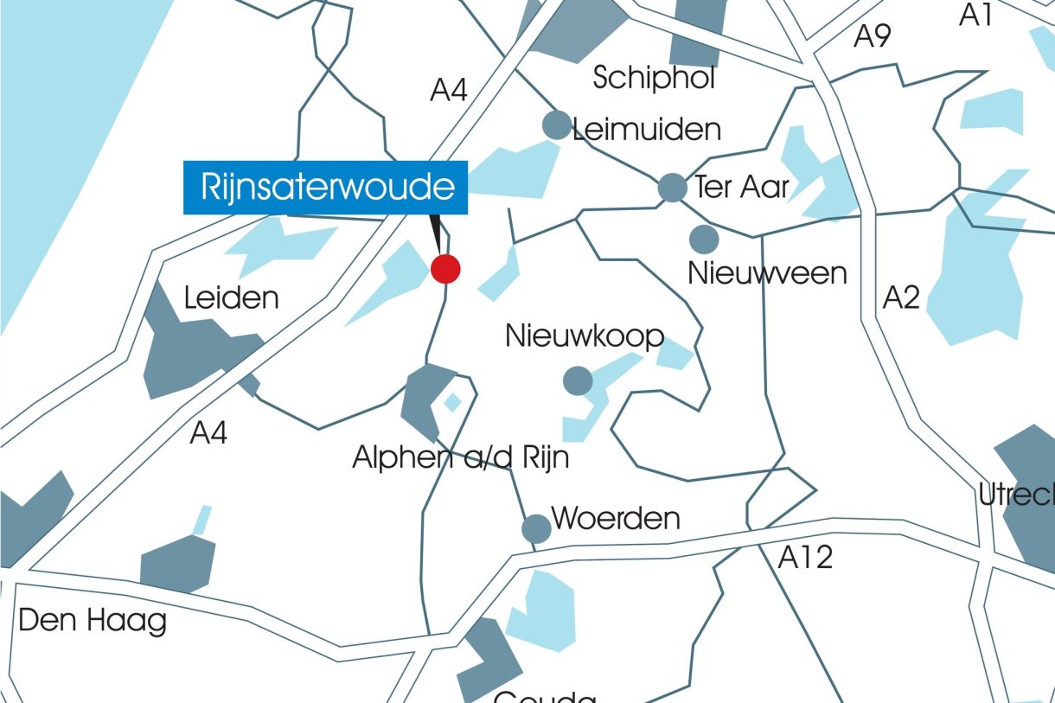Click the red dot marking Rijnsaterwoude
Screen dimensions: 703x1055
click(x=445, y=269)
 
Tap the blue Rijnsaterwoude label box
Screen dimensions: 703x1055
click(x=326, y=188)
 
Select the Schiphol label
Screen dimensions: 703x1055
click(x=655, y=78)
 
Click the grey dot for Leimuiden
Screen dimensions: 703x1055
click(x=557, y=125)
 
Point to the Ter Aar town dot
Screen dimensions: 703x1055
click(x=672, y=187)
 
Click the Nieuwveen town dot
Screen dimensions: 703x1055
click(x=704, y=239)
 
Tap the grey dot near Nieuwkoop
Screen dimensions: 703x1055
click(x=578, y=380)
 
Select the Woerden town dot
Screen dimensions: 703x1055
click(x=536, y=528)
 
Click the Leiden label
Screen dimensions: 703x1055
click(x=232, y=298)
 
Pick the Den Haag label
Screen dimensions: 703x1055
click(x=93, y=621)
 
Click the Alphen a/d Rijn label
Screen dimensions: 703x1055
click(x=461, y=457)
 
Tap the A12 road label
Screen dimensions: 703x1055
click(x=805, y=558)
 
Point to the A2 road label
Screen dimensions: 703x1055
click(x=901, y=298)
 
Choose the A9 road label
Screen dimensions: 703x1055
click(x=873, y=36)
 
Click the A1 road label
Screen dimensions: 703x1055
click(x=976, y=15)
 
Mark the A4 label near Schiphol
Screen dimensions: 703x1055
click(x=449, y=90)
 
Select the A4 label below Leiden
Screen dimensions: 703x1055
click(x=208, y=432)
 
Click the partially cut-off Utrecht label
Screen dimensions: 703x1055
click(x=1017, y=495)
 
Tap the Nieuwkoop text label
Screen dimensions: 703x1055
click(x=585, y=336)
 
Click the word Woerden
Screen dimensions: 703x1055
click(x=616, y=519)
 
